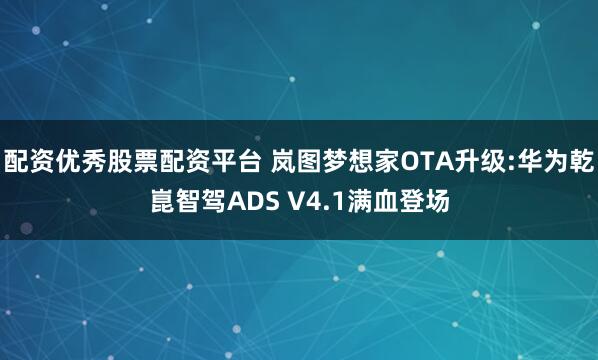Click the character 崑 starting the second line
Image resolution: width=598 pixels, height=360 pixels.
click(x=161, y=203)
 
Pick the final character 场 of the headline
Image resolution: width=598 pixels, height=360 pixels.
click(x=435, y=203)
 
